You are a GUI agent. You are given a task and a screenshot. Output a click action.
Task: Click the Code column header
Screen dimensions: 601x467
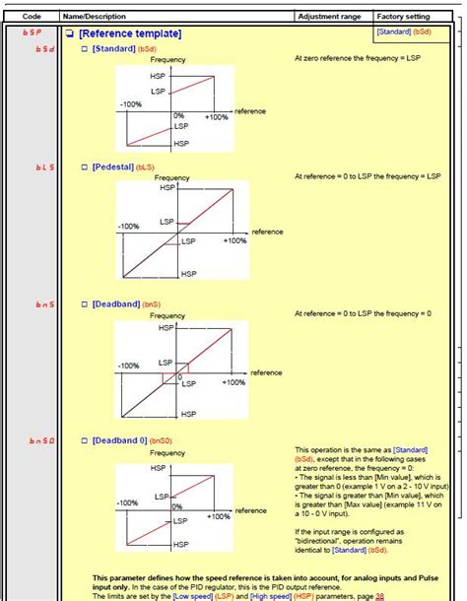click(32, 17)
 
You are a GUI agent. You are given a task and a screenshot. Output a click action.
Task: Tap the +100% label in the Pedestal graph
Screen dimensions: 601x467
click(233, 240)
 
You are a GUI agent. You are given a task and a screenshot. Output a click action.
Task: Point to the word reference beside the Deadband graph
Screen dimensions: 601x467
click(266, 372)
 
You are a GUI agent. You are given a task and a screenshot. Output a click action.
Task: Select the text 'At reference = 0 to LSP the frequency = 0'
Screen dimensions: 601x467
click(363, 313)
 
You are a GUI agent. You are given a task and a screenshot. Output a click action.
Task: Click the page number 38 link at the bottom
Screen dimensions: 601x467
click(352, 597)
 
